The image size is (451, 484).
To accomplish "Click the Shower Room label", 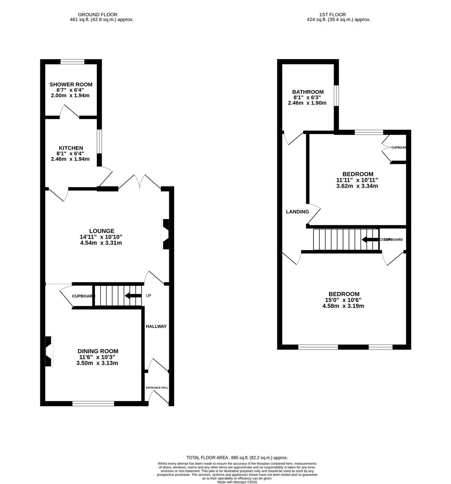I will click(71, 84).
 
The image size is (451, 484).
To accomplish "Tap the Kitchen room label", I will click(71, 148).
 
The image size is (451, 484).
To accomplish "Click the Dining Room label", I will click(98, 351).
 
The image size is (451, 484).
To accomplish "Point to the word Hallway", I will click(156, 326).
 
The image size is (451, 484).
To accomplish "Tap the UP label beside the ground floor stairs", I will click(149, 296).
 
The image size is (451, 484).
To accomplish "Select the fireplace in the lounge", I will click(165, 234).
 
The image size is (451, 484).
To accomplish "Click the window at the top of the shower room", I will click(73, 62).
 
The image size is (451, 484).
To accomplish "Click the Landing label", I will click(297, 212).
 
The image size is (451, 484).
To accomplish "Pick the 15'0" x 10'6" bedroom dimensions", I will click(344, 300).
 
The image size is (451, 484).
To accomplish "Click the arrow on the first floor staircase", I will click(369, 240).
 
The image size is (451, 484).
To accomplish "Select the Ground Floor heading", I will click(98, 14).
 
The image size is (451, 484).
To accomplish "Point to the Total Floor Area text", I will click(237, 458).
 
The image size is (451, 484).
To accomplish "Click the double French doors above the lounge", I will click(140, 181).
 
